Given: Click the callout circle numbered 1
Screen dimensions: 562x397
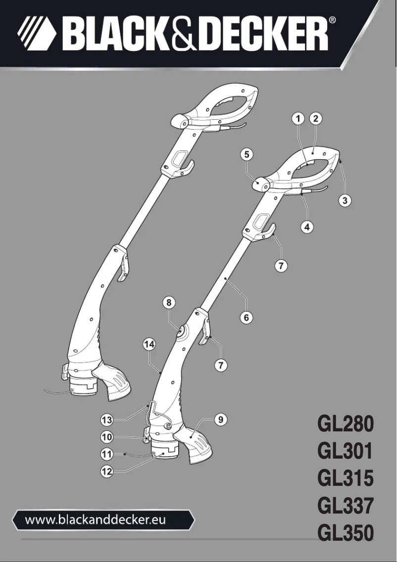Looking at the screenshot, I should (298, 119).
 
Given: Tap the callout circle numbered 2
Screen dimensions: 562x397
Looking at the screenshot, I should (315, 119).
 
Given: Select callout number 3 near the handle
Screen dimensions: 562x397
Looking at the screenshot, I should (346, 200).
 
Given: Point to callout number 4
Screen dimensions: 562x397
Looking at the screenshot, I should (307, 227).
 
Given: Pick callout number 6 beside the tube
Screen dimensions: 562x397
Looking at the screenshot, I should (247, 317).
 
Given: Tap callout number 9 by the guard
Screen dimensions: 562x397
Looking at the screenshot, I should (221, 420).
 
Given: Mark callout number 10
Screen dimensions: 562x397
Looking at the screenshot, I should (107, 437).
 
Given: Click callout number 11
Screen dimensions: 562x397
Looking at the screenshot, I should (107, 453).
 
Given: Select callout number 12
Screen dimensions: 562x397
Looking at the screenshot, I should (107, 471).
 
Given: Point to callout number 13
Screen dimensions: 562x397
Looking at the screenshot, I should (107, 420).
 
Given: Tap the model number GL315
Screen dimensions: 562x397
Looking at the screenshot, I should (345, 478).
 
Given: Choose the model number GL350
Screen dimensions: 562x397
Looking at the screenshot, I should (345, 533).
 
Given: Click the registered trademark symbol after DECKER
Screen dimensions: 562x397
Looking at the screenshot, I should (333, 20).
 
